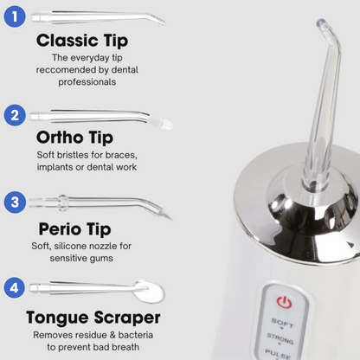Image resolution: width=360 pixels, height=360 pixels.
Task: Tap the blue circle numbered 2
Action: (15, 114)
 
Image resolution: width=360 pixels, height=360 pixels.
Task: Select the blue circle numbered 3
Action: (15, 203)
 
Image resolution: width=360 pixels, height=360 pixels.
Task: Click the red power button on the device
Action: (283, 303)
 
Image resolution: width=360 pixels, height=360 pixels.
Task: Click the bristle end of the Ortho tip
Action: (165, 125)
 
